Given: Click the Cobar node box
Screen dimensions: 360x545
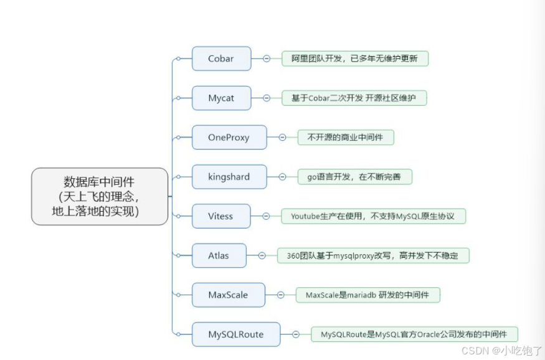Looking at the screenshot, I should click(221, 59).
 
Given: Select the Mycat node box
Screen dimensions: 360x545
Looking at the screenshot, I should click(221, 98).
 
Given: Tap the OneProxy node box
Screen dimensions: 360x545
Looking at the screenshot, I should click(229, 137).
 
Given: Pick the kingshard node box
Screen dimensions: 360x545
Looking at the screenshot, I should click(229, 177).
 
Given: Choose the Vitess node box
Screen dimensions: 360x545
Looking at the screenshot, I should click(220, 216).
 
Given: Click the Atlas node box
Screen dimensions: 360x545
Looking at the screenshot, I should click(219, 255).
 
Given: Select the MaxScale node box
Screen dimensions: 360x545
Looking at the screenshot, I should click(228, 295).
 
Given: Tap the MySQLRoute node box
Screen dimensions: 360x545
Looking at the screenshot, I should click(235, 334).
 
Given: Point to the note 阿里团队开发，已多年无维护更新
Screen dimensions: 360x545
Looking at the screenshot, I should click(354, 59).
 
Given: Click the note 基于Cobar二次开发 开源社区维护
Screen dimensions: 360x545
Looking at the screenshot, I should click(354, 98).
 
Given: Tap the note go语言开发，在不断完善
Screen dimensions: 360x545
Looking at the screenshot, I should click(354, 177).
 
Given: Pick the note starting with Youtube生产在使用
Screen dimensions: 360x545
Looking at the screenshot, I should click(372, 216).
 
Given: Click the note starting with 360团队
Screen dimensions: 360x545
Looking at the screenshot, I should click(372, 255).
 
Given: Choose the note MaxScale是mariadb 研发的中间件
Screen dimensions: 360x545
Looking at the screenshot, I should click(367, 295).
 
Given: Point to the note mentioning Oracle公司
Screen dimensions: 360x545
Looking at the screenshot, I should click(414, 334).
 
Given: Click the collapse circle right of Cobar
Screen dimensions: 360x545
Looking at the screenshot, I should click(267, 59).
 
